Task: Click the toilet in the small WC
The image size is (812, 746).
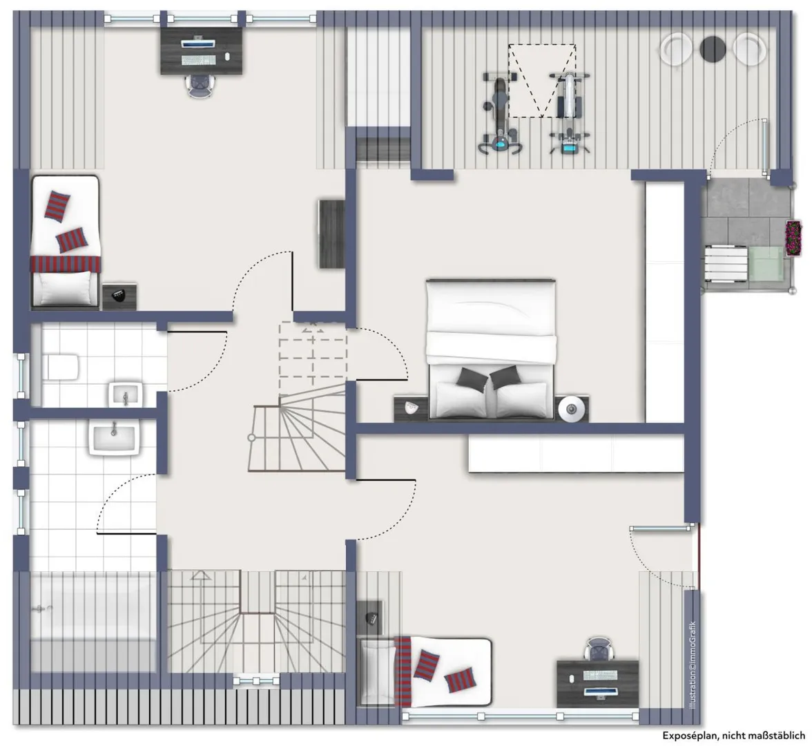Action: (61, 366)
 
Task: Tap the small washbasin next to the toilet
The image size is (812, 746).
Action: (126, 395)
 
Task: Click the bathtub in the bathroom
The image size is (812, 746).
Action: (93, 622)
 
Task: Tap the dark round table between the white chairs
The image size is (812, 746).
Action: (713, 48)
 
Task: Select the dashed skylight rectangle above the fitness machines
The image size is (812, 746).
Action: (541, 81)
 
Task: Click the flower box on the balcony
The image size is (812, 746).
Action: (793, 238)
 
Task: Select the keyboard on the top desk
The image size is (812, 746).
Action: (198, 59)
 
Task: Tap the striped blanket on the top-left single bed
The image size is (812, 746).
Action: (66, 263)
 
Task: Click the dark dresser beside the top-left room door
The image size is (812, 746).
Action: (332, 233)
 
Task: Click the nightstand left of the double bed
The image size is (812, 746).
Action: (412, 409)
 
